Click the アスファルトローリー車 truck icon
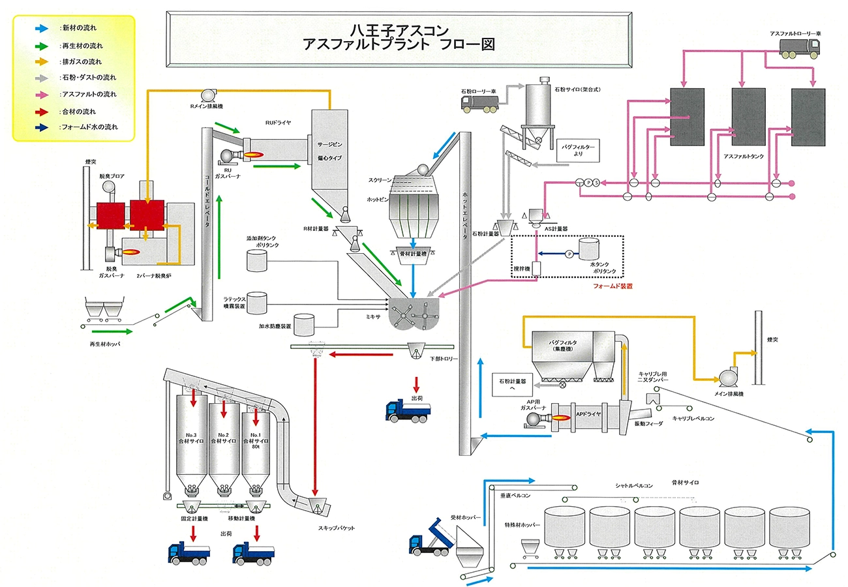[x=800, y=46]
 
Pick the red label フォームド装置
[x=613, y=286]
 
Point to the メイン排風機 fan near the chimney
[x=726, y=378]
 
